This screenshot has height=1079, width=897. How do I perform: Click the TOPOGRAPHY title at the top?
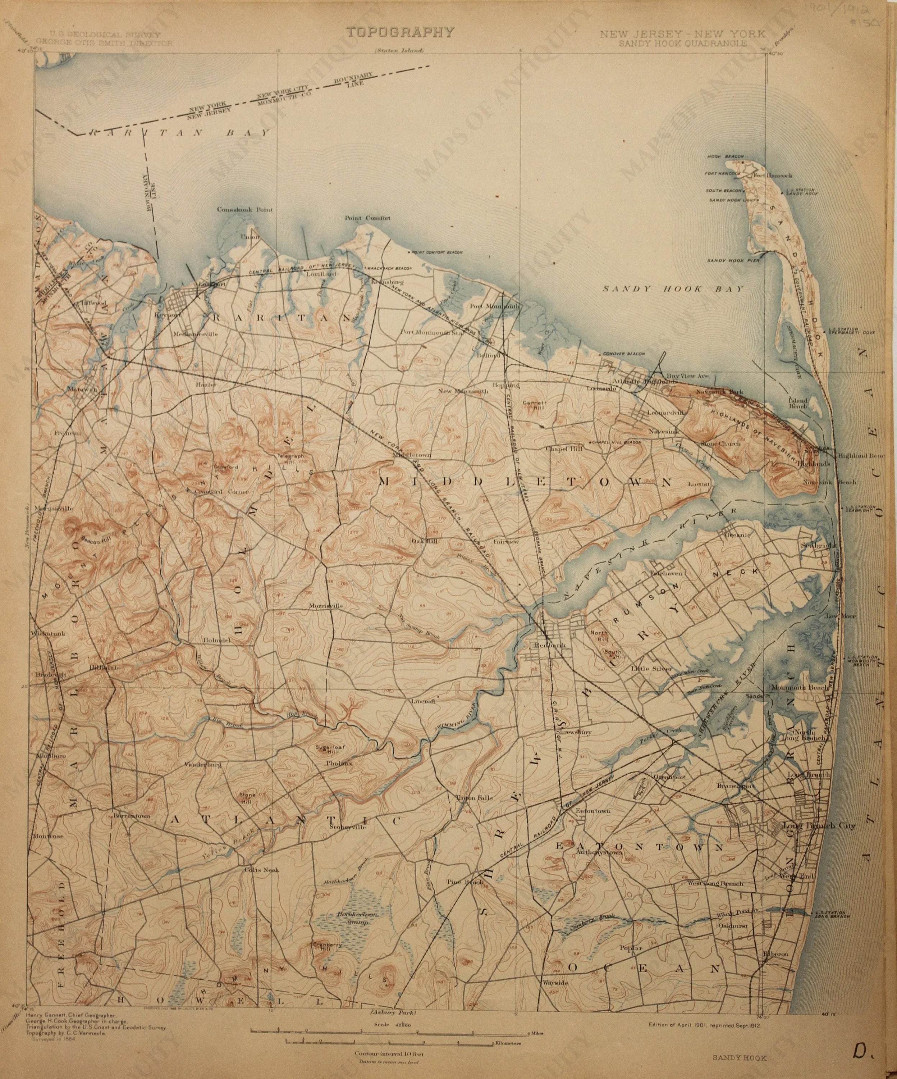[x=400, y=32]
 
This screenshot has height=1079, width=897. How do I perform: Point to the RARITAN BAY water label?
[x=180, y=133]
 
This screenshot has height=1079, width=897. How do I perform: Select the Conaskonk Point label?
[x=244, y=210]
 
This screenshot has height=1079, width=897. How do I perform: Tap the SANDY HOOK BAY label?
[x=673, y=289]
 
